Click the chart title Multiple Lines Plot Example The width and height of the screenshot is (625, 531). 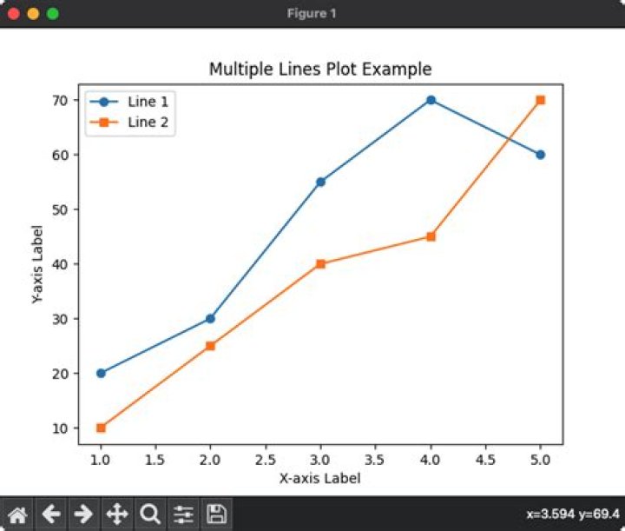[320, 69]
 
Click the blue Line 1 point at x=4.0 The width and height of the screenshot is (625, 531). [431, 100]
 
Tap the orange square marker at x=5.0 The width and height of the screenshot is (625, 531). [540, 100]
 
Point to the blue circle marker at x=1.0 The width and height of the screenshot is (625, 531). [101, 373]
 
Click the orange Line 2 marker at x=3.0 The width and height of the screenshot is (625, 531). [320, 263]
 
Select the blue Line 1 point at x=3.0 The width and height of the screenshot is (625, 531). [320, 182]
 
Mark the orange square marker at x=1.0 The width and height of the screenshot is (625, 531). [101, 428]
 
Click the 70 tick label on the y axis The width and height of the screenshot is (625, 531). [59, 100]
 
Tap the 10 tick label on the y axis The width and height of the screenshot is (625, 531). [59, 428]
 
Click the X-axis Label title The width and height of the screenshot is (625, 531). [319, 477]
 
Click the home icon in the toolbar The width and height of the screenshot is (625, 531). [18, 514]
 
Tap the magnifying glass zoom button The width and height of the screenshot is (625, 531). [149, 514]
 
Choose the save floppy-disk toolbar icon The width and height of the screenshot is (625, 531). [216, 514]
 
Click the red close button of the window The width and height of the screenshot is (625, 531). [14, 14]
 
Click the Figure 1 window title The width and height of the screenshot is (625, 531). [312, 14]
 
